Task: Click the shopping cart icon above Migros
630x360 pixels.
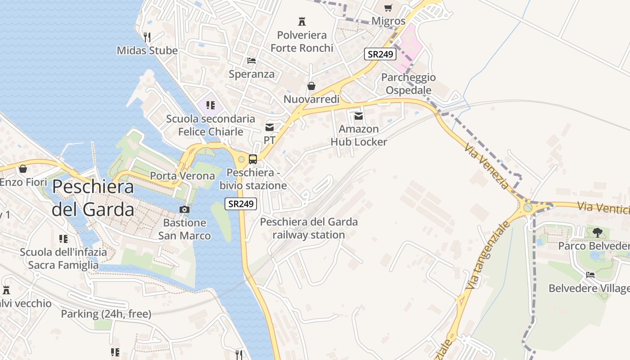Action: pos(388,8)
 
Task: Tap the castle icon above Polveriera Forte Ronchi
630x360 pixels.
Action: pos(302,21)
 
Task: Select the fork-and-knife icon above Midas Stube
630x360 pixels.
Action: pos(147,37)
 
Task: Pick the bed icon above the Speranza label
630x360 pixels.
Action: pos(252,60)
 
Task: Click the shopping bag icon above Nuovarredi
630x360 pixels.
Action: pos(311,85)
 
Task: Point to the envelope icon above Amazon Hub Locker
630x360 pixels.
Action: pos(359,116)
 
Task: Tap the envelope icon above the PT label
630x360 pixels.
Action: pos(270,127)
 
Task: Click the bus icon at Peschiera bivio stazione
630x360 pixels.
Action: pos(253,159)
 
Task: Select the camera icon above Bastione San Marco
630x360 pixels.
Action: pos(184,209)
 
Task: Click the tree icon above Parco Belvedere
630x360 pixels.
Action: pos(598,232)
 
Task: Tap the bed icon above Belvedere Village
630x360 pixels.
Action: pos(590,274)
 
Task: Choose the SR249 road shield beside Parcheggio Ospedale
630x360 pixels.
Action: pos(380,54)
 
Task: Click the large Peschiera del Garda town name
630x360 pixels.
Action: pos(93,198)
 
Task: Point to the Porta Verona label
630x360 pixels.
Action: pos(182,176)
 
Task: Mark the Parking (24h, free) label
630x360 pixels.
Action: pos(106,314)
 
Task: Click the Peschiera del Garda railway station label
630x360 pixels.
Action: pos(309,228)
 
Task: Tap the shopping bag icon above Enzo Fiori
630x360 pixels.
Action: pos(23,169)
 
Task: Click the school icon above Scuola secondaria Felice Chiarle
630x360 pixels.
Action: pos(210,105)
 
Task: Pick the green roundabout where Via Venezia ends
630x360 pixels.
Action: pos(528,207)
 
